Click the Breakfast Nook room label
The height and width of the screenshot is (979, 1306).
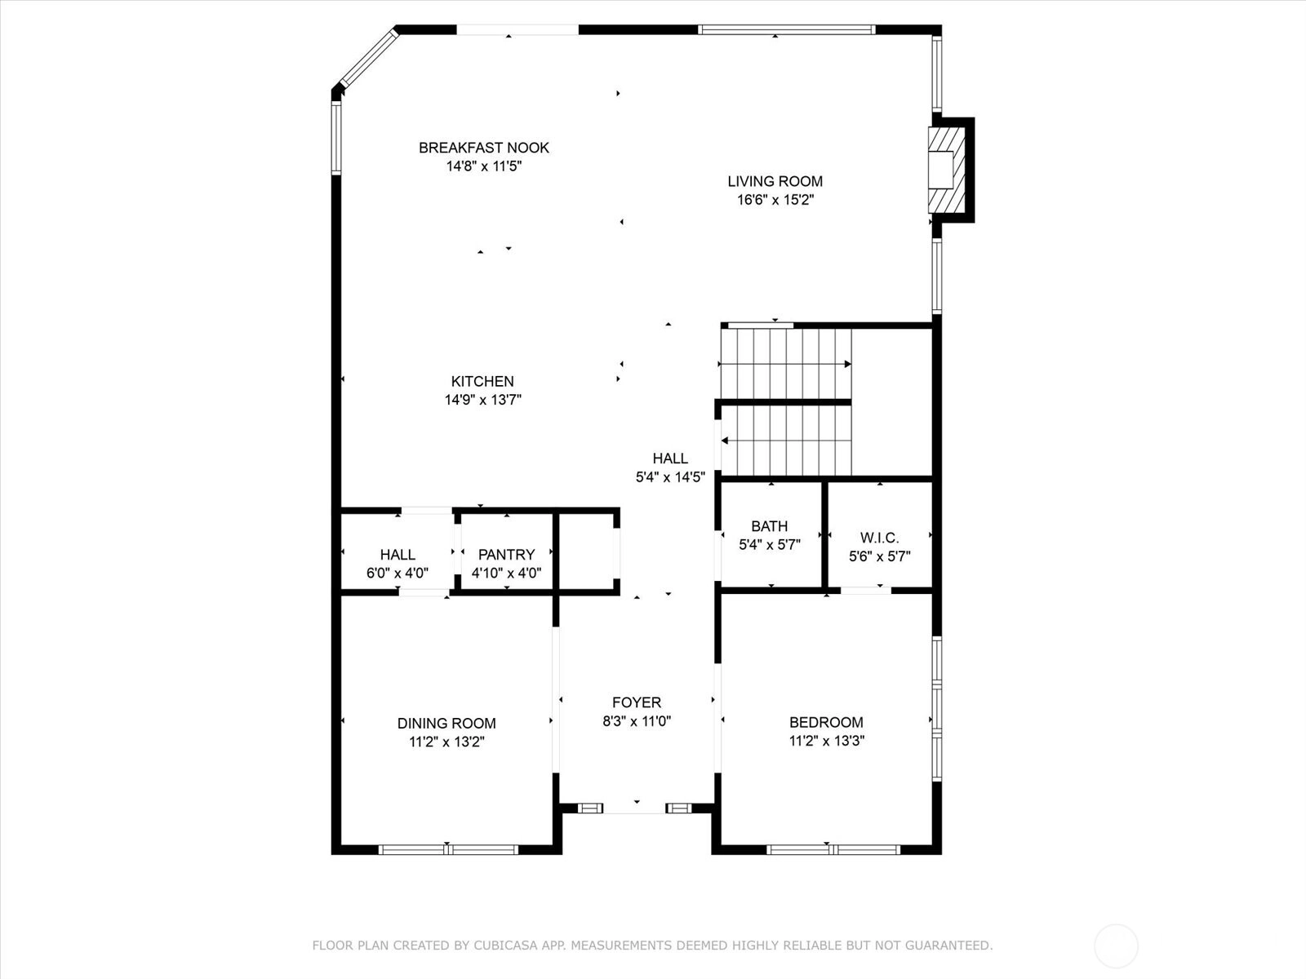484,148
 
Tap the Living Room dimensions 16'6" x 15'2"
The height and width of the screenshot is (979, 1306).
775,200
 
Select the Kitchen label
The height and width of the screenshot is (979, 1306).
482,381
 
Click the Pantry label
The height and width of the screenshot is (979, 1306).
506,555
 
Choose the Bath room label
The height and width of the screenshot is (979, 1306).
770,526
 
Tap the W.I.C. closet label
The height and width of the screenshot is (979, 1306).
879,538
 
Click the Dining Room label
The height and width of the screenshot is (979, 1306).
446,724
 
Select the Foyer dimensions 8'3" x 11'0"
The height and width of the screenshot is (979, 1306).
637,721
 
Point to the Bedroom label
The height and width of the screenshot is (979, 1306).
826,722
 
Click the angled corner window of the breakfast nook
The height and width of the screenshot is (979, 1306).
368,58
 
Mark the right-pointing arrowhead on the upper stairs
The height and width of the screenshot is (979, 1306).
848,364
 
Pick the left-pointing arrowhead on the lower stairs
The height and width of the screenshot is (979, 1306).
725,441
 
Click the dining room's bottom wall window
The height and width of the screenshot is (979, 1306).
448,850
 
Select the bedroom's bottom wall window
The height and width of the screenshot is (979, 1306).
833,850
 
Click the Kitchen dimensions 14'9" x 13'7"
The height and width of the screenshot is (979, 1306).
482,400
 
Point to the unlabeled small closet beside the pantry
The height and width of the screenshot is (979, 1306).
587,551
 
